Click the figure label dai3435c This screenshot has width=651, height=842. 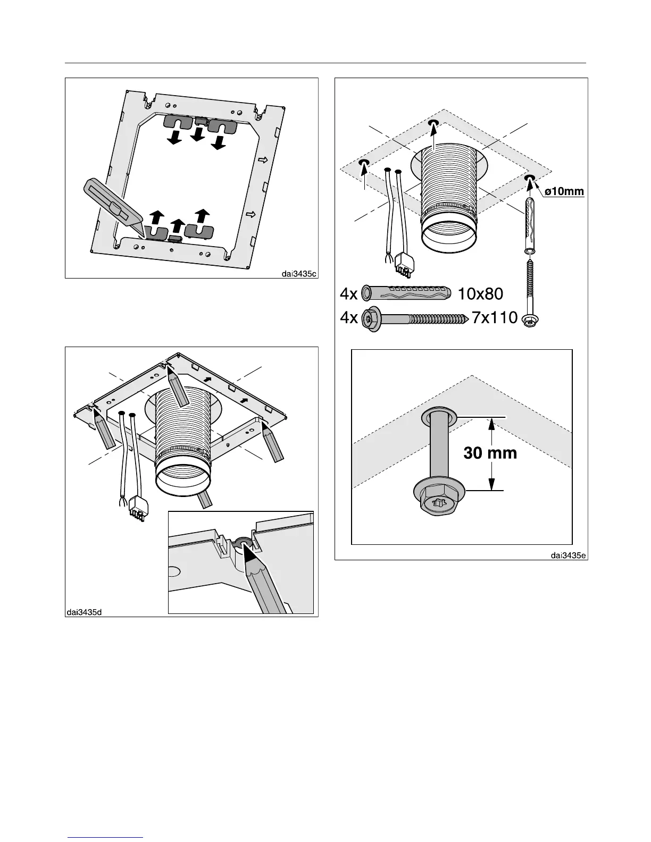click(299, 274)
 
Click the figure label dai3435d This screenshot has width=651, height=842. click(85, 612)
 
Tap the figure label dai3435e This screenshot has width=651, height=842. click(568, 555)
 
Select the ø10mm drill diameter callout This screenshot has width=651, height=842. click(564, 191)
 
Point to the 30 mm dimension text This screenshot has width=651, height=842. click(490, 453)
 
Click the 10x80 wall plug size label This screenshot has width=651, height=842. click(480, 293)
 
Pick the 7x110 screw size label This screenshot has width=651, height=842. click(495, 318)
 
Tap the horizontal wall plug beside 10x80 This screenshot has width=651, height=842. click(407, 293)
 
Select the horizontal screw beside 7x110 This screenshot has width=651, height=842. click(415, 319)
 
